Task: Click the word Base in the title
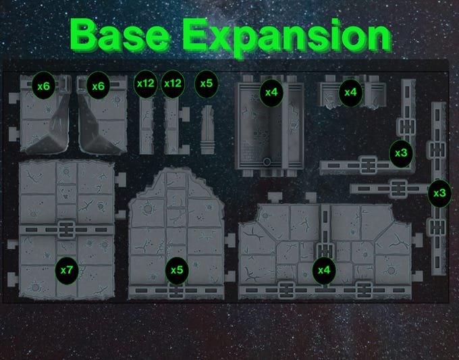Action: pos(120,35)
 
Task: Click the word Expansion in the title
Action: pos(287,37)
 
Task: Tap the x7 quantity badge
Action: pos(67,270)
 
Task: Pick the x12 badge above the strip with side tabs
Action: pos(173,84)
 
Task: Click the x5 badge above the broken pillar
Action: pos(207,84)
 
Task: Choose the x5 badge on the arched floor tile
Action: pos(177,270)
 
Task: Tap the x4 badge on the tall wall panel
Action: pos(271,93)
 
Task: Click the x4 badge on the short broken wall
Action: pos(350,93)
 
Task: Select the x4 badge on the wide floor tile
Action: pos(324,270)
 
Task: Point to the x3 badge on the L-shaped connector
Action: pos(401,153)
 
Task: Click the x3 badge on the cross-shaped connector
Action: pos(439,193)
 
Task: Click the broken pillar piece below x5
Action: pos(207,130)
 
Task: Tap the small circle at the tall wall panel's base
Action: pos(267,161)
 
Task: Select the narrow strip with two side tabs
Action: pos(176,126)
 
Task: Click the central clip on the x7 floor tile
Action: pos(67,230)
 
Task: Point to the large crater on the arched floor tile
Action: pos(148,209)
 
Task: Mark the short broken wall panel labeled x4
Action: pos(352,92)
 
